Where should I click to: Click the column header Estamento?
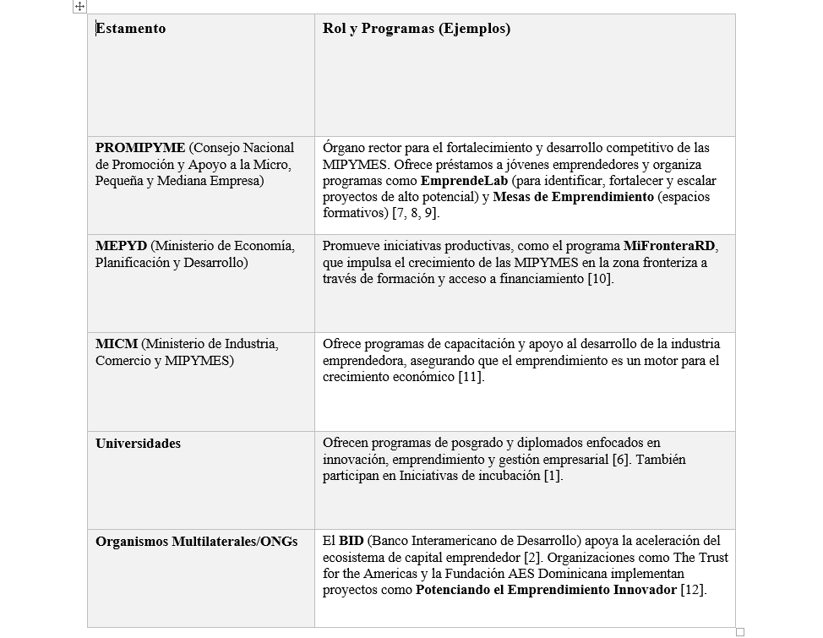click(131, 29)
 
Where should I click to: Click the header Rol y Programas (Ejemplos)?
click(417, 29)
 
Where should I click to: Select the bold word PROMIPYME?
click(140, 148)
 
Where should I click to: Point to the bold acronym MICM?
click(117, 345)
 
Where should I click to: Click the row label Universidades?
click(138, 444)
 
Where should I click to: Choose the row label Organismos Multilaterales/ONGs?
click(196, 542)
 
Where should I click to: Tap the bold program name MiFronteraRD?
click(670, 246)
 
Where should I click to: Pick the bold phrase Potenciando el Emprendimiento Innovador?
click(546, 590)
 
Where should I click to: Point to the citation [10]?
click(600, 279)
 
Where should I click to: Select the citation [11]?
click(471, 377)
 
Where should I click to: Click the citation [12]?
click(693, 590)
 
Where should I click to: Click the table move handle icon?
click(79, 7)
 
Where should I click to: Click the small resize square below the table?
click(740, 631)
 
